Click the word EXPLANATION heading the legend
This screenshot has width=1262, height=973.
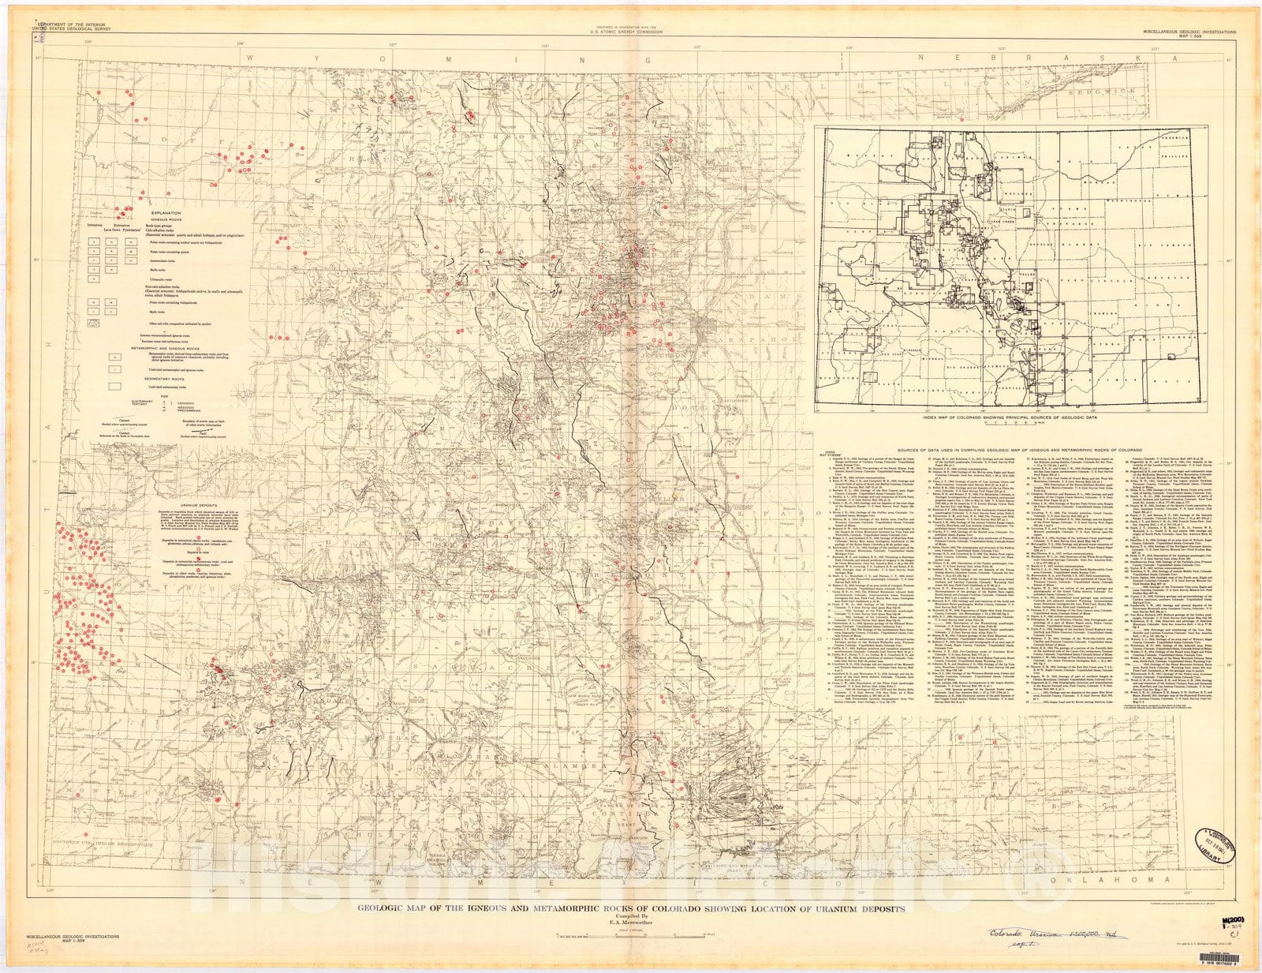tap(166, 214)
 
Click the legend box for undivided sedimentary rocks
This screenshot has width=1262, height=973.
tap(115, 386)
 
